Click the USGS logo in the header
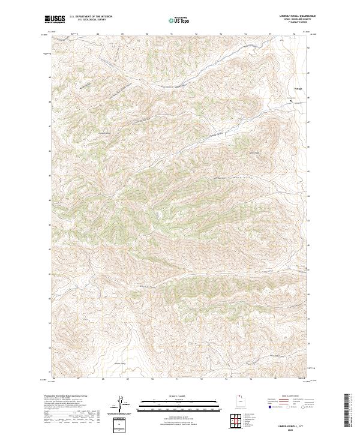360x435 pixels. click(x=55, y=19)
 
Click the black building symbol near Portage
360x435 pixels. click(x=292, y=101)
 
